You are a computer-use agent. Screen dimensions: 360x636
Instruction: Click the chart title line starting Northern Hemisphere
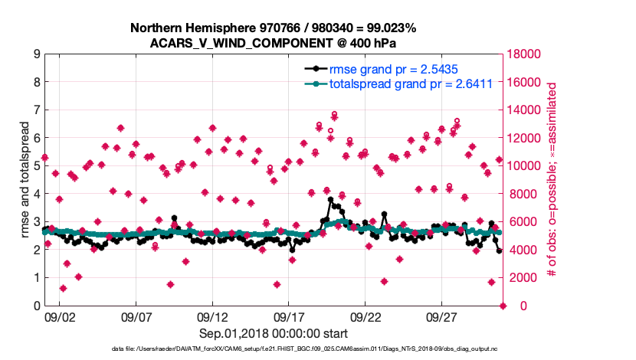coord(273,28)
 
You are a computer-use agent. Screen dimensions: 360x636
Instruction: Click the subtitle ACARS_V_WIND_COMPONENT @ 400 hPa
coord(273,43)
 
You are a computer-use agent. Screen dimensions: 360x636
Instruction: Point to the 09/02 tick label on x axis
coord(61,316)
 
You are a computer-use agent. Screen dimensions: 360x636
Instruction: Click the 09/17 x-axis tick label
coord(289,316)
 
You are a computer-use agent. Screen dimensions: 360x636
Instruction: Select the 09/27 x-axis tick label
coord(441,316)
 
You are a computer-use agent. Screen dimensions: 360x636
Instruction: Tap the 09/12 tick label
coord(213,316)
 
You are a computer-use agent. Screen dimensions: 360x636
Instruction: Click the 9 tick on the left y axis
coord(36,54)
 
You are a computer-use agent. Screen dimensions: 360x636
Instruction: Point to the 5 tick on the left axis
coord(36,166)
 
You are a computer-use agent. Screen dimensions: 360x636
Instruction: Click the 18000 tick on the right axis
coord(524,54)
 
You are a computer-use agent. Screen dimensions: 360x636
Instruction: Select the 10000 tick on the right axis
coord(524,166)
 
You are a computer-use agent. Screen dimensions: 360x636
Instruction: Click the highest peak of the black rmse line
coord(330,200)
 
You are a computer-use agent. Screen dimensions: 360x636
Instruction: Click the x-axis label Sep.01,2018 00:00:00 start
coord(272,333)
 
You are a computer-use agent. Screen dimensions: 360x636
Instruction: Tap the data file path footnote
coord(272,350)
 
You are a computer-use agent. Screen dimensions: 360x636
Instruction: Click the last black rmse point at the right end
coord(499,251)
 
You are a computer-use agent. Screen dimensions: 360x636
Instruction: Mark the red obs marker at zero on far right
coord(503,306)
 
